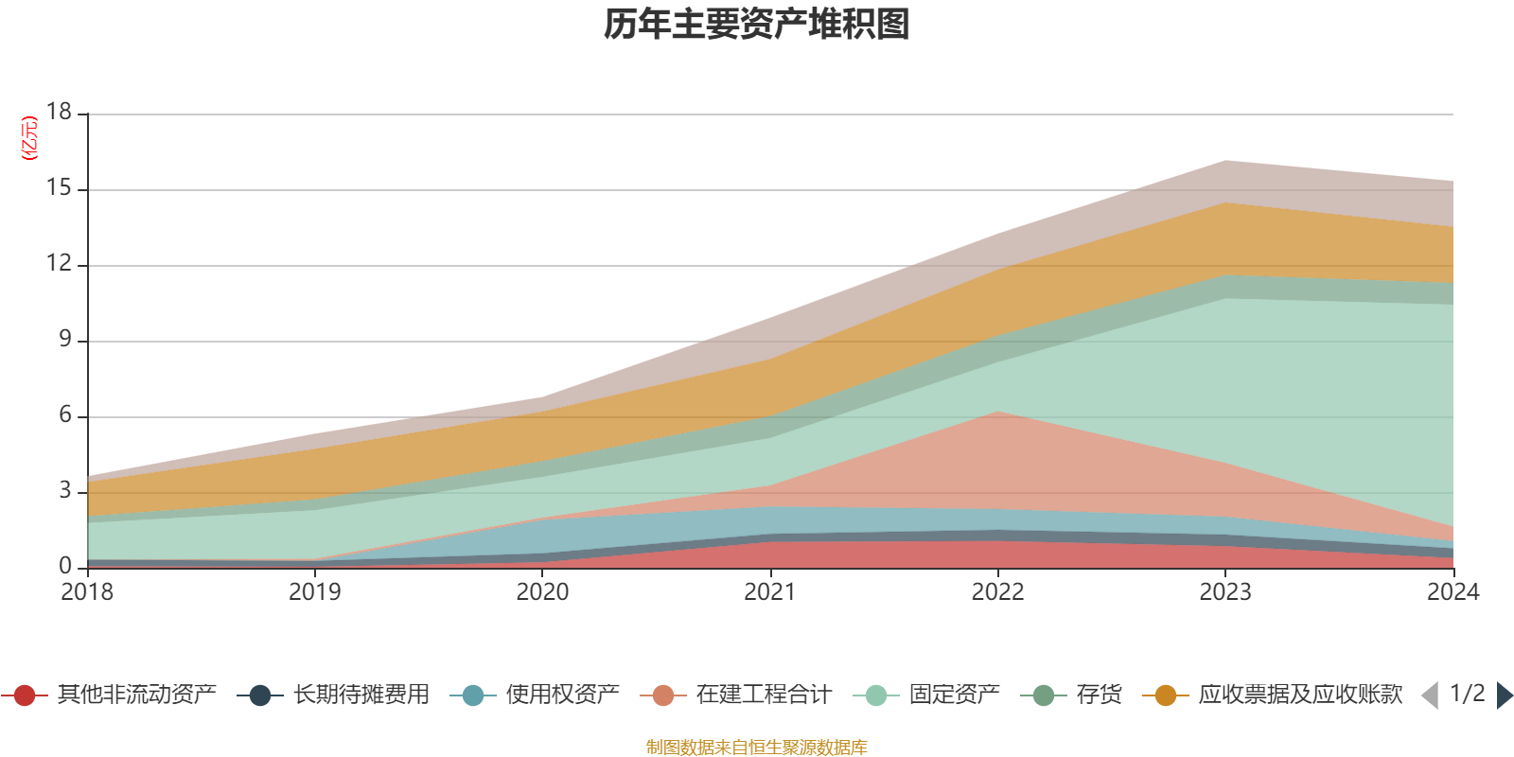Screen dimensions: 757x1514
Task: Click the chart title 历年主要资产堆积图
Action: pos(757,25)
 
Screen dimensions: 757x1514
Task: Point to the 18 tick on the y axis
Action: pos(59,112)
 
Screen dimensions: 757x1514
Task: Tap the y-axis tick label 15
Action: pos(59,188)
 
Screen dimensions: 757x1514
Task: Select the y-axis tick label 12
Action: pos(59,264)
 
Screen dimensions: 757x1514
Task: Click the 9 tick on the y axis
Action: pos(64,339)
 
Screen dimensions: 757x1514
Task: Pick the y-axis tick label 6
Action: pos(64,414)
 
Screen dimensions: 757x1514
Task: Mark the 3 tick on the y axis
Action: pos(64,490)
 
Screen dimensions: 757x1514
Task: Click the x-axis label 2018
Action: pos(87,592)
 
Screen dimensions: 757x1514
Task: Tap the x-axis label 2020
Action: pos(542,592)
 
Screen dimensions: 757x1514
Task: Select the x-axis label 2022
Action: pos(997,592)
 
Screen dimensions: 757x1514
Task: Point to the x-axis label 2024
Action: pos(1452,592)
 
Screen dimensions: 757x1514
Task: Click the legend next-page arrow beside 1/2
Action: pos(1504,695)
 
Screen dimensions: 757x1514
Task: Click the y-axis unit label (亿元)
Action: pos(30,138)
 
